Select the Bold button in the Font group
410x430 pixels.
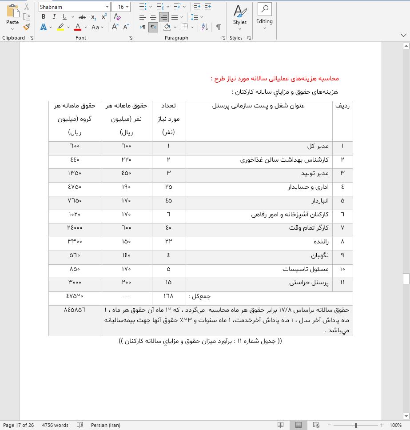[44, 17]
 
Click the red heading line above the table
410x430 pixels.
[275, 79]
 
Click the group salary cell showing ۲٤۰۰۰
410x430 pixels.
[75, 228]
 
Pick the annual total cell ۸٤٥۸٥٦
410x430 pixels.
[75, 309]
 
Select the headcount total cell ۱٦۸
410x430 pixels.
[168, 296]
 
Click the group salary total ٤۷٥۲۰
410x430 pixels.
[75, 296]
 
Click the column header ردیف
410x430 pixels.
[342, 106]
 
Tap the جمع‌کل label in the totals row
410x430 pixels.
[199, 296]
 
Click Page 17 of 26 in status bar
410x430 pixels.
[18, 425]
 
